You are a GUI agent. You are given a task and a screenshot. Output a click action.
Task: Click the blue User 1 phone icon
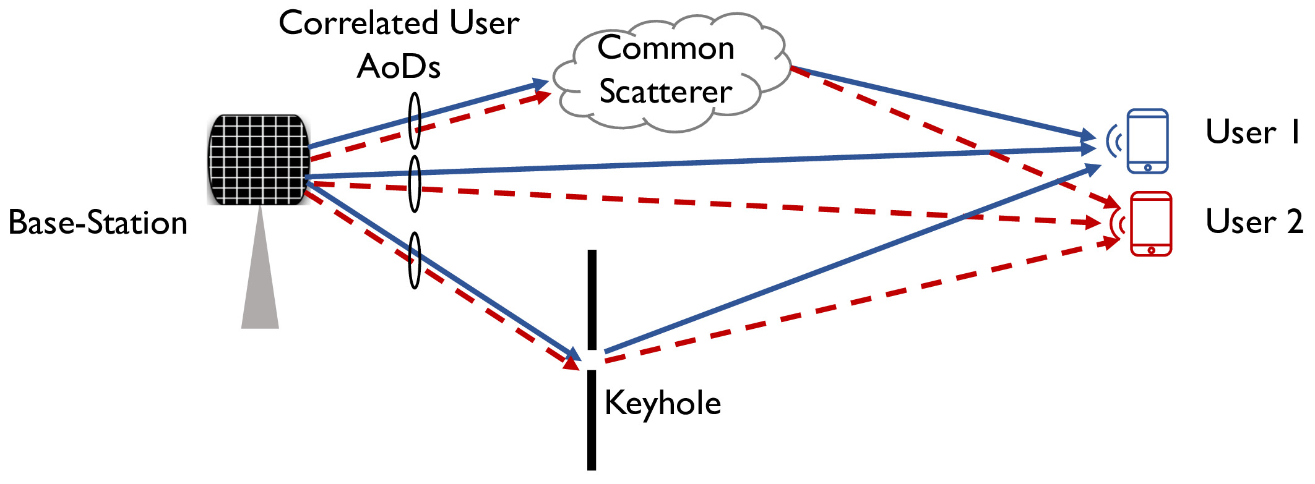click(x=1147, y=141)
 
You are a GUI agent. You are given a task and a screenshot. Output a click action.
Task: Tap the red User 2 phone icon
click(x=1150, y=224)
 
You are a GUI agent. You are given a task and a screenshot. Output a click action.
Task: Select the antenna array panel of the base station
click(x=259, y=159)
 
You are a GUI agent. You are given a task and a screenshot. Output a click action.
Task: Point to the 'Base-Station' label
click(x=98, y=223)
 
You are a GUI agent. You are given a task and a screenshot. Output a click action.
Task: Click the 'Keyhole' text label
click(x=663, y=403)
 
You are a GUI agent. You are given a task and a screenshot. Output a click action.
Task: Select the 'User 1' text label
click(x=1252, y=132)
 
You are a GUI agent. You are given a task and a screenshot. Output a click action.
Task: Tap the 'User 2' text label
click(x=1254, y=221)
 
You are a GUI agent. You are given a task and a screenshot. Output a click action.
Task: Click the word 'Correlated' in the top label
click(x=359, y=23)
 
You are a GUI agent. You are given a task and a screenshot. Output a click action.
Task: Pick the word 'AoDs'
click(x=399, y=66)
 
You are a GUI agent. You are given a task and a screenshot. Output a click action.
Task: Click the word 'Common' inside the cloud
click(x=666, y=48)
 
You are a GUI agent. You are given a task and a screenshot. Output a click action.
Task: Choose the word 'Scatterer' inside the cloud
click(x=666, y=91)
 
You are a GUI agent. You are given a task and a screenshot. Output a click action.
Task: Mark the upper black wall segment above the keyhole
click(x=592, y=300)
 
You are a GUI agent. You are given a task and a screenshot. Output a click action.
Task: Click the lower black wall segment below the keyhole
click(x=592, y=420)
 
